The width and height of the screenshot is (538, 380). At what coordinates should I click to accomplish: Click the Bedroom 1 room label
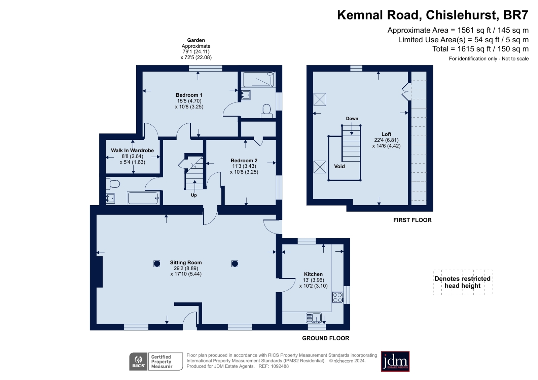(189, 95)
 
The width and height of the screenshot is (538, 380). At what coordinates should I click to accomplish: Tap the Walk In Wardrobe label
(132, 151)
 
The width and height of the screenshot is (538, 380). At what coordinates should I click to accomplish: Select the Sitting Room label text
(186, 262)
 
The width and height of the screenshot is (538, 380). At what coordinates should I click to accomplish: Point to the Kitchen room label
(313, 274)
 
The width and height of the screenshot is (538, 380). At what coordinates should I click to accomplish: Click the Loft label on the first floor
(386, 134)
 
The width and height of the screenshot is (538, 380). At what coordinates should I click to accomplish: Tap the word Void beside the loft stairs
(339, 166)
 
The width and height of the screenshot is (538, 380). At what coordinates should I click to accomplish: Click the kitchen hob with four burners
(338, 297)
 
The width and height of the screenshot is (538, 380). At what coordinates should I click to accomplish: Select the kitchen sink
(314, 318)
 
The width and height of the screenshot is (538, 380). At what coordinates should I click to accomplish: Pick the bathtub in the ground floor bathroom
(143, 198)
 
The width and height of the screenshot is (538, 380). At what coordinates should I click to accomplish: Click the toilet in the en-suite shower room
(266, 111)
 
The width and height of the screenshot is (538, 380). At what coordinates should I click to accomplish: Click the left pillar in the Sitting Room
(156, 264)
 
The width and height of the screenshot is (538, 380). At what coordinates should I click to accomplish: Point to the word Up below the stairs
(194, 195)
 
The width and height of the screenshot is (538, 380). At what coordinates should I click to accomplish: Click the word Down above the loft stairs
(352, 119)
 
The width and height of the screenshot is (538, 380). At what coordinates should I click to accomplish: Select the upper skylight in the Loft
(320, 99)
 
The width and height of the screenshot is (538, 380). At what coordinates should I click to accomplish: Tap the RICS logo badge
(138, 362)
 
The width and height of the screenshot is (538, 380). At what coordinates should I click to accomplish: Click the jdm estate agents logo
(395, 362)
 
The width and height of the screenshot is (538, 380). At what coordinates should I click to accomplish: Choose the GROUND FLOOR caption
(325, 338)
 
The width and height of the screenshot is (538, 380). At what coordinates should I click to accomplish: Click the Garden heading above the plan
(196, 40)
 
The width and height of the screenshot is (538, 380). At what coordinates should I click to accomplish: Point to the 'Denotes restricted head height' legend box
(463, 282)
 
